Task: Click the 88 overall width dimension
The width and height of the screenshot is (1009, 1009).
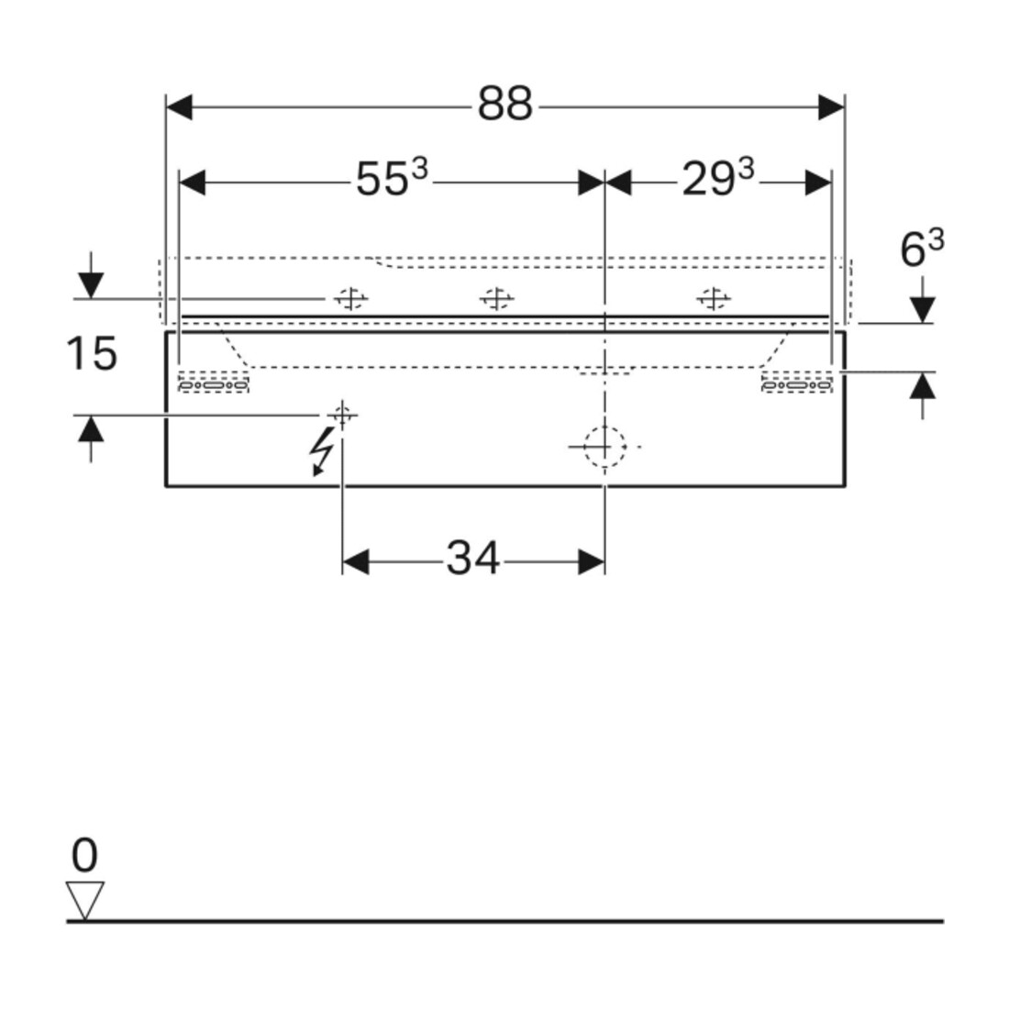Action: (505, 104)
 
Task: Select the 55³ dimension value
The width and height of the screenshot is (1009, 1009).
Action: (392, 178)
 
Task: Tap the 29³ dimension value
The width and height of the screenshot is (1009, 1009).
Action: (717, 178)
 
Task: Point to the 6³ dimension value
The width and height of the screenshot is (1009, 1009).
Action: (922, 249)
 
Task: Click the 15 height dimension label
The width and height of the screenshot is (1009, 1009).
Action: (92, 353)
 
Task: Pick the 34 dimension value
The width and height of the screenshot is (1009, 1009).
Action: (473, 558)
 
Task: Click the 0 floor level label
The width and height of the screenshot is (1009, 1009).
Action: (84, 855)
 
